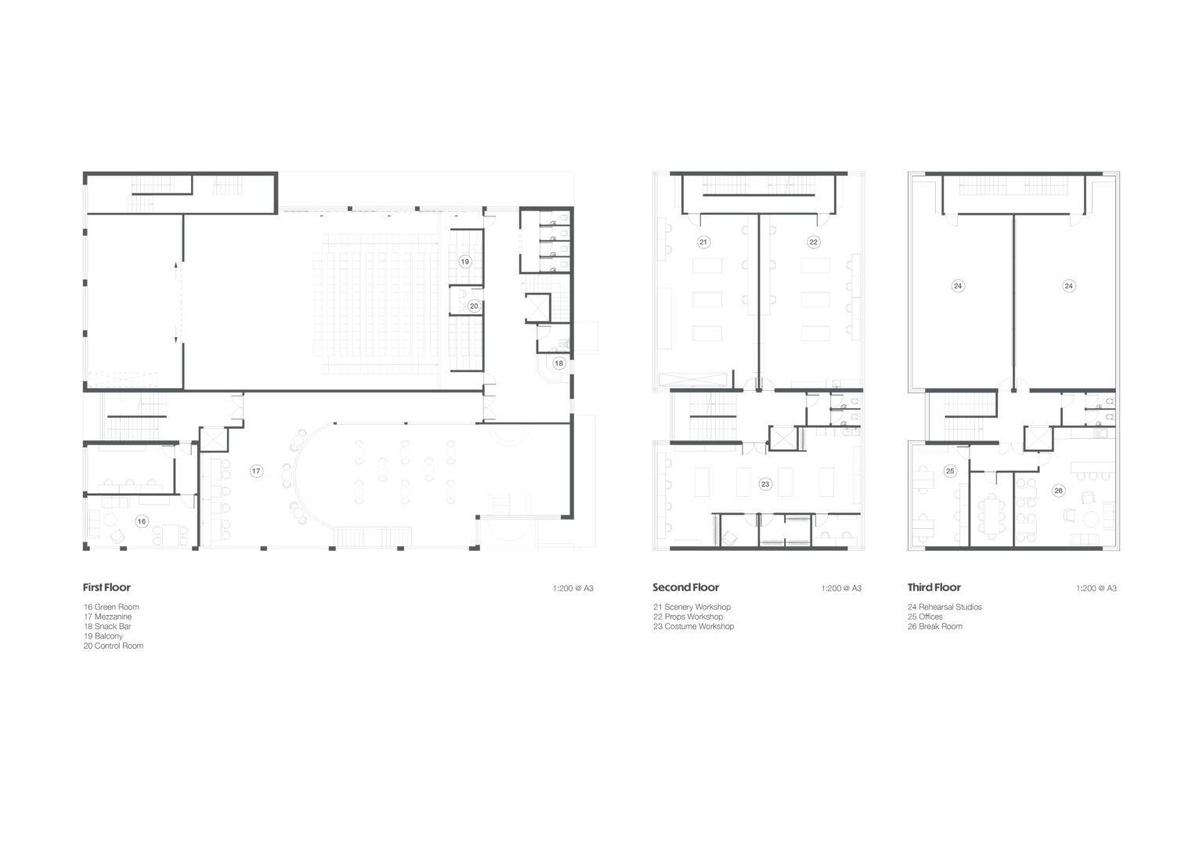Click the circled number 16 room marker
tap(141, 521)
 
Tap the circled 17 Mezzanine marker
tap(256, 471)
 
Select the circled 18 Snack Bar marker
tap(558, 363)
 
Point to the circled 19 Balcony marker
tap(465, 262)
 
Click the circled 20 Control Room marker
tap(474, 306)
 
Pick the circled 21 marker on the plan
tap(703, 242)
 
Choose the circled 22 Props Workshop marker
tap(813, 242)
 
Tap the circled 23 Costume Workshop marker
tap(764, 484)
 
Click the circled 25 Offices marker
tap(950, 471)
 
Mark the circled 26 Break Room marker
tap(1058, 491)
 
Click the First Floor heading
tap(107, 587)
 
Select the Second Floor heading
tap(686, 587)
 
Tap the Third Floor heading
tap(934, 587)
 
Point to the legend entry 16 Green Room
tap(111, 607)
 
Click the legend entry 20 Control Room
tap(114, 646)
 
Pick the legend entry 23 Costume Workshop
tap(694, 626)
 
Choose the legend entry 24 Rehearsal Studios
tap(945, 607)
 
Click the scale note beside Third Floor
tap(1096, 588)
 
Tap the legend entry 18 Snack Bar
tap(107, 626)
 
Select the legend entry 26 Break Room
tap(935, 626)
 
